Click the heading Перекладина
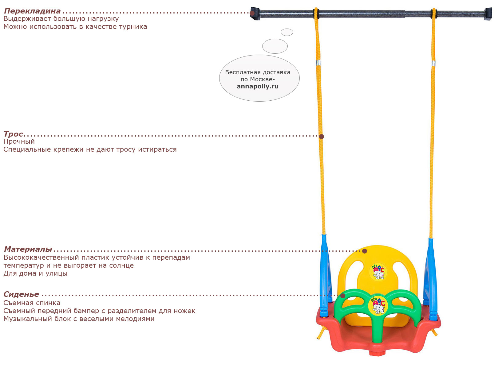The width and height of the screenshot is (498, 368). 32,11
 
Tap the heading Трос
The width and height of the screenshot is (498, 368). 14,134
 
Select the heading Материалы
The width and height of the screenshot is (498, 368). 28,249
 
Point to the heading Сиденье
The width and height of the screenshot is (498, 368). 21,294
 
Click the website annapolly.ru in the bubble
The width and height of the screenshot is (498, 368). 258,86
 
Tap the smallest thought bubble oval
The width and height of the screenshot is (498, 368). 287,32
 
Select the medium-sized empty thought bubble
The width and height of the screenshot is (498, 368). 275,46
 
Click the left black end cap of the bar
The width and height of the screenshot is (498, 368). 255,14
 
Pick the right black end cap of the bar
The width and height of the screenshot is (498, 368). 488,14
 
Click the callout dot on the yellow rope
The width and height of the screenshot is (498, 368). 321,136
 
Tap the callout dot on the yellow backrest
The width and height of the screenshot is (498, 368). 365,251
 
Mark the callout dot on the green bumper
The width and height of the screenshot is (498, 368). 343,296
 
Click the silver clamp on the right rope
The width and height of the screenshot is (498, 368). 433,64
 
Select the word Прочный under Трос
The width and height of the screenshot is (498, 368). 19,141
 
